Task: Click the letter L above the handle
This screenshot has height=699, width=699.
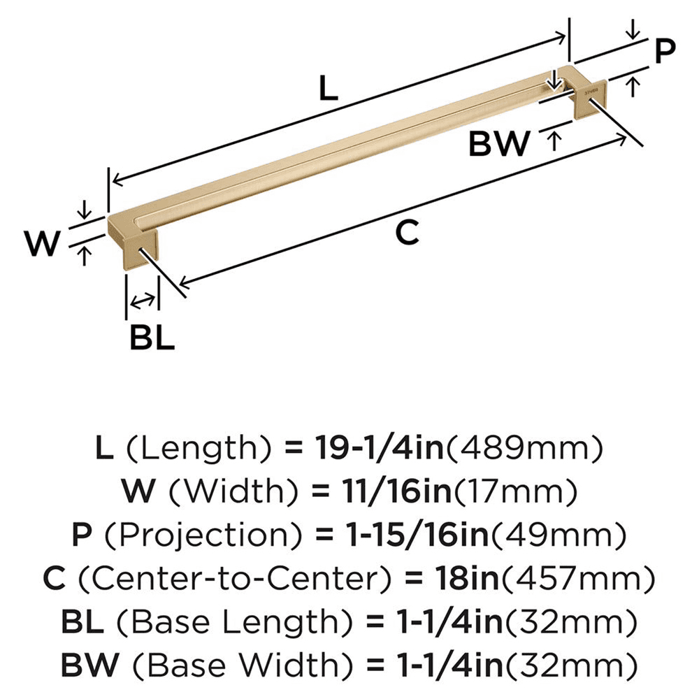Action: [x=329, y=89]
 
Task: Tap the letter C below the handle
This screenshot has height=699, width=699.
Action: [x=407, y=233]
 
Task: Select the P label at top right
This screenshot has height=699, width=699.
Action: [x=665, y=51]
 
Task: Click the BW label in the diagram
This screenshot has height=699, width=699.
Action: [x=499, y=144]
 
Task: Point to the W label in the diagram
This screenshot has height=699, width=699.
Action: [x=43, y=245]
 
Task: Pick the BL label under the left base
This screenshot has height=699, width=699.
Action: [x=152, y=338]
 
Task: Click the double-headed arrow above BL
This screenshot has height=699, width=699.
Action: [x=143, y=301]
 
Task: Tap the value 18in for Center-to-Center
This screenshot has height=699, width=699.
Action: [x=458, y=579]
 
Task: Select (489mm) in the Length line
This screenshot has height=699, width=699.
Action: [x=524, y=447]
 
